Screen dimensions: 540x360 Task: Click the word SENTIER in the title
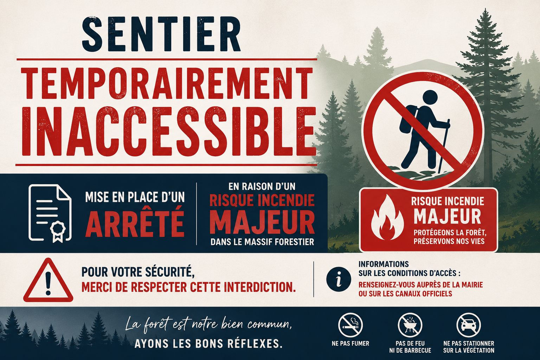pos(161,34)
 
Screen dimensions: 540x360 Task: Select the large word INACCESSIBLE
pos(169,131)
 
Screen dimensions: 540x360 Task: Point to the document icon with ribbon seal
pos(50,213)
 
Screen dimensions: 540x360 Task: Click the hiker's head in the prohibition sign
pos(430,97)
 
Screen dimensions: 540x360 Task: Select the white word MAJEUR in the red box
pos(448,216)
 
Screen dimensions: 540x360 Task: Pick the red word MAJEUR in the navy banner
pos(262,222)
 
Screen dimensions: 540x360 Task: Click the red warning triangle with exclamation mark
pos(48,280)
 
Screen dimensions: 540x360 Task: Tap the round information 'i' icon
pos(339,279)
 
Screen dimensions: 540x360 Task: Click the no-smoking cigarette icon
pos(350,325)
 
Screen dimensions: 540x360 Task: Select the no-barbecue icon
pos(410,325)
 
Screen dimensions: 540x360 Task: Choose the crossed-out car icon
pos(468,325)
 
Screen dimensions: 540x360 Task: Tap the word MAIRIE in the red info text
pos(469,285)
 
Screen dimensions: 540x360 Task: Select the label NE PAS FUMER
pos(350,343)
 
